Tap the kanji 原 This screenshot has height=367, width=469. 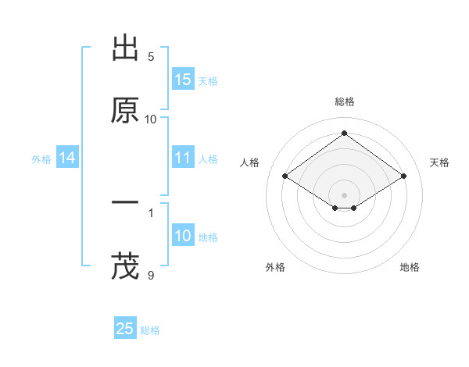click(125, 111)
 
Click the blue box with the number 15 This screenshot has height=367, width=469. click(183, 80)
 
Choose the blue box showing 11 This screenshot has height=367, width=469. click(183, 158)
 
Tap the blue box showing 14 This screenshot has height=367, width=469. click(67, 158)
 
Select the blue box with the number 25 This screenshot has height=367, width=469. click(125, 329)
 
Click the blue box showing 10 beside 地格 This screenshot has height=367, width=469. click(183, 236)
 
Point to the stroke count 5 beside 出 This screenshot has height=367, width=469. click(151, 57)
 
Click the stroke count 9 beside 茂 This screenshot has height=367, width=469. click(151, 274)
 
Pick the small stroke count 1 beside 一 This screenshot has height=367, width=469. click(151, 212)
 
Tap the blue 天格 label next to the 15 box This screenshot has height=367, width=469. click(208, 80)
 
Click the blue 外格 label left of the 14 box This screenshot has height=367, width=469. click(41, 159)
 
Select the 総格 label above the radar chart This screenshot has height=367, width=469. click(345, 102)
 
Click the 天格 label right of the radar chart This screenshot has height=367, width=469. click(439, 162)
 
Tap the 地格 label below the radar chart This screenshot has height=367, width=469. click(410, 267)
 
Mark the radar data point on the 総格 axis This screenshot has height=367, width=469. click(345, 134)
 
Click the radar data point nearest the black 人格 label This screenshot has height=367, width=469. click(285, 176)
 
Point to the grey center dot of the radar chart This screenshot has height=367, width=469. click(345, 194)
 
